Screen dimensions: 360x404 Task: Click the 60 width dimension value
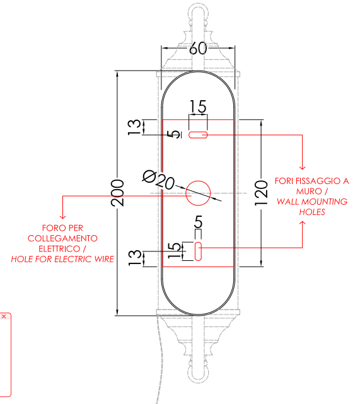pyautogui.click(x=198, y=48)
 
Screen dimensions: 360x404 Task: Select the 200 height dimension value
pyautogui.click(x=117, y=193)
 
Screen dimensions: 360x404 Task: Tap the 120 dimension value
pyautogui.click(x=261, y=193)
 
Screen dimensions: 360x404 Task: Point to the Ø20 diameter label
pyautogui.click(x=158, y=180)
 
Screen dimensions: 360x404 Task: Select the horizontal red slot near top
pyautogui.click(x=198, y=135)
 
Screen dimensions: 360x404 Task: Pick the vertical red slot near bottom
pyautogui.click(x=198, y=251)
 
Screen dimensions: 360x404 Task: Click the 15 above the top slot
pyautogui.click(x=198, y=107)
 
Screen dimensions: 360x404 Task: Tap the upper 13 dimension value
pyautogui.click(x=134, y=127)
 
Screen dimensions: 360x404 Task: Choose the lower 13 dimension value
pyautogui.click(x=134, y=258)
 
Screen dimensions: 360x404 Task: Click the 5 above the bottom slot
pyautogui.click(x=198, y=222)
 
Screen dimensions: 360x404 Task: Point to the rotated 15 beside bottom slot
pyautogui.click(x=174, y=250)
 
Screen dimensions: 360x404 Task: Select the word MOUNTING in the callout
pyautogui.click(x=325, y=202)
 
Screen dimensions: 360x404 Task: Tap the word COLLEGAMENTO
pyautogui.click(x=62, y=238)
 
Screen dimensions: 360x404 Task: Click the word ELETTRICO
pyautogui.click(x=59, y=248)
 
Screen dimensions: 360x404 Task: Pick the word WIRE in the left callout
pyautogui.click(x=104, y=259)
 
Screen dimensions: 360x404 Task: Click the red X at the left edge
pyautogui.click(x=4, y=316)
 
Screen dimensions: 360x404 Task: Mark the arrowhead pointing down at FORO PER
pyautogui.click(x=62, y=216)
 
